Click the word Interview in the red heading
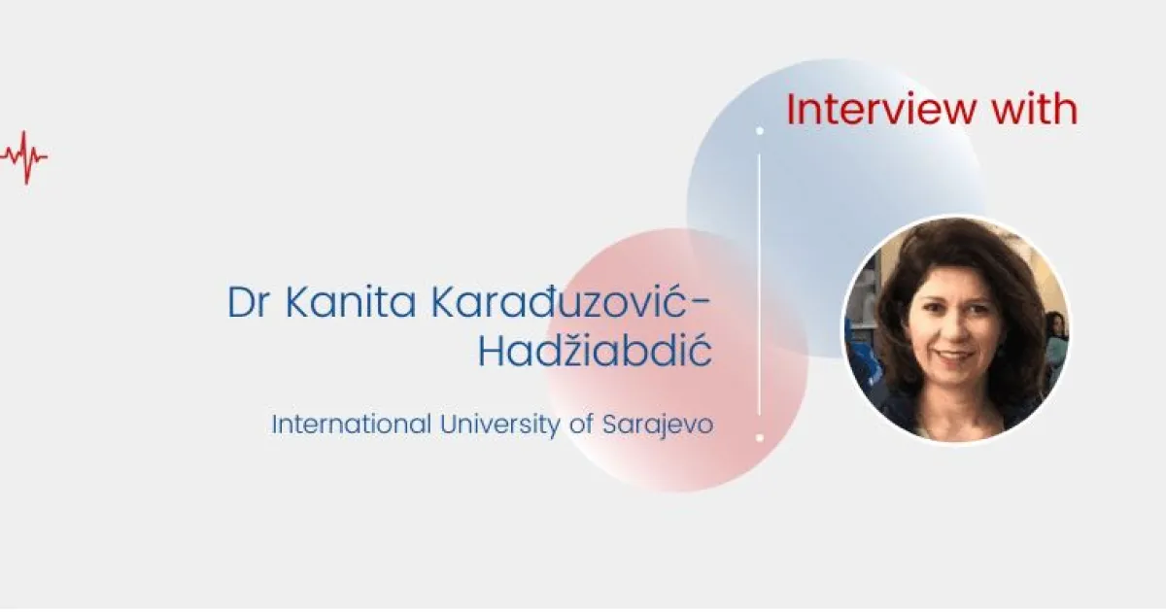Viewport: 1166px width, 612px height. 881,109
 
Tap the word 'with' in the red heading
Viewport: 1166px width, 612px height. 1035,109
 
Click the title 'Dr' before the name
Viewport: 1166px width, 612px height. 249,302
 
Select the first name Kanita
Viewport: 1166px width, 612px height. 351,302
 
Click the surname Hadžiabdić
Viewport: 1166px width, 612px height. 595,352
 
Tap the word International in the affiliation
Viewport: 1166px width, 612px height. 352,424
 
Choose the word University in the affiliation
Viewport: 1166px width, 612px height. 499,425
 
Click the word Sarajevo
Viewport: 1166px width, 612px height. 658,425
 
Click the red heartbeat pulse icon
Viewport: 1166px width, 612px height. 24,157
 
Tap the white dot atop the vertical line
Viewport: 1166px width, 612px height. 760,130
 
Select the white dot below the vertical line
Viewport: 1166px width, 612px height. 760,438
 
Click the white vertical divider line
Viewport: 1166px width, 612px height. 760,284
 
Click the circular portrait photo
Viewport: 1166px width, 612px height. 957,329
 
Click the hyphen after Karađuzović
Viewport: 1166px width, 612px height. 703,304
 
